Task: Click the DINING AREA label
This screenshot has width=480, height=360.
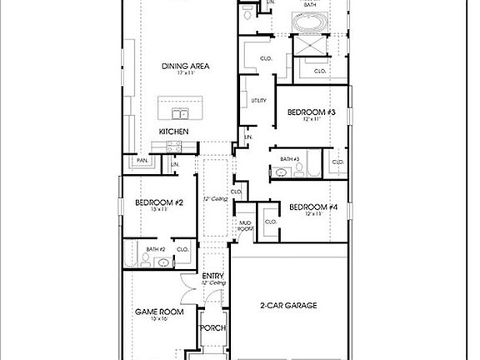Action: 184,66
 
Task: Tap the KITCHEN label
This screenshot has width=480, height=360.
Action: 174,132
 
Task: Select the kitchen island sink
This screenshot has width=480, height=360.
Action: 180,113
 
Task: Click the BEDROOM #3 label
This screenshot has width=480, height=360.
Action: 311,112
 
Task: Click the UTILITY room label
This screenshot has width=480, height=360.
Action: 258,101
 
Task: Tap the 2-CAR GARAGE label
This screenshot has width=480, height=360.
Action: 287,306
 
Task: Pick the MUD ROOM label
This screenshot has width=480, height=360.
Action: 245,225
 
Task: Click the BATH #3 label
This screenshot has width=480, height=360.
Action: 289,159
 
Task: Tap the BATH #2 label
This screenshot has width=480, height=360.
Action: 156,249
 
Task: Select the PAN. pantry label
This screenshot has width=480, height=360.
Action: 143,160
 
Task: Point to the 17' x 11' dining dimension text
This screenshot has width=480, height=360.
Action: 184,74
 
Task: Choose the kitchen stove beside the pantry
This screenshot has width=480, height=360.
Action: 174,147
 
